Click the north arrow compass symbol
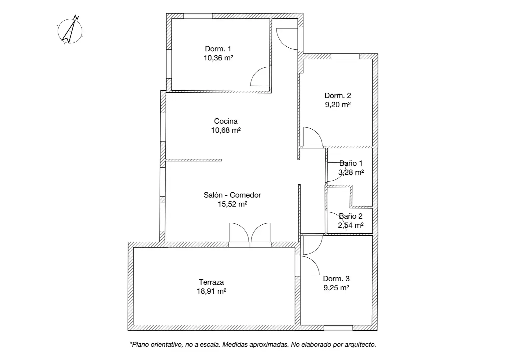pyautogui.click(x=70, y=31)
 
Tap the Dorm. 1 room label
pyautogui.click(x=218, y=49)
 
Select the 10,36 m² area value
pyautogui.click(x=218, y=58)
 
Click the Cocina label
pyautogui.click(x=226, y=121)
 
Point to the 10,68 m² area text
pyautogui.click(x=226, y=130)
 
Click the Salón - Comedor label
pyautogui.click(x=232, y=195)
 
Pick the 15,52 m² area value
pyautogui.click(x=233, y=204)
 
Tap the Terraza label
pyautogui.click(x=211, y=282)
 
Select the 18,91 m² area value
pyautogui.click(x=211, y=291)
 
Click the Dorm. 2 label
pyautogui.click(x=338, y=95)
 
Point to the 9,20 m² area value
pyautogui.click(x=338, y=104)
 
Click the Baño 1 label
pyautogui.click(x=351, y=163)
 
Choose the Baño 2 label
pyautogui.click(x=351, y=216)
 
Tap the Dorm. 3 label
pyautogui.click(x=336, y=279)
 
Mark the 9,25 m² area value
pyautogui.click(x=336, y=288)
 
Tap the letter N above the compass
pyautogui.click(x=76, y=17)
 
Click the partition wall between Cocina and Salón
pyautogui.click(x=194, y=160)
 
